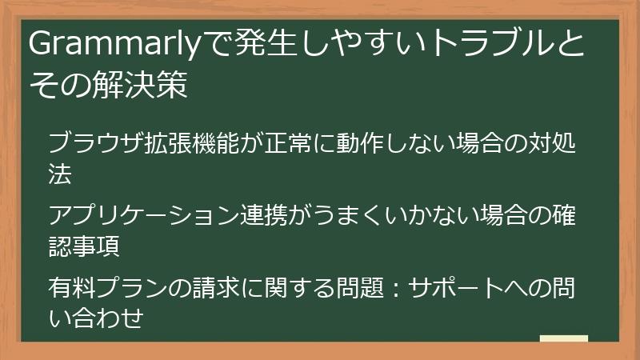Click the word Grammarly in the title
[x=112, y=46]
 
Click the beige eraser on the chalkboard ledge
[x=563, y=339]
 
